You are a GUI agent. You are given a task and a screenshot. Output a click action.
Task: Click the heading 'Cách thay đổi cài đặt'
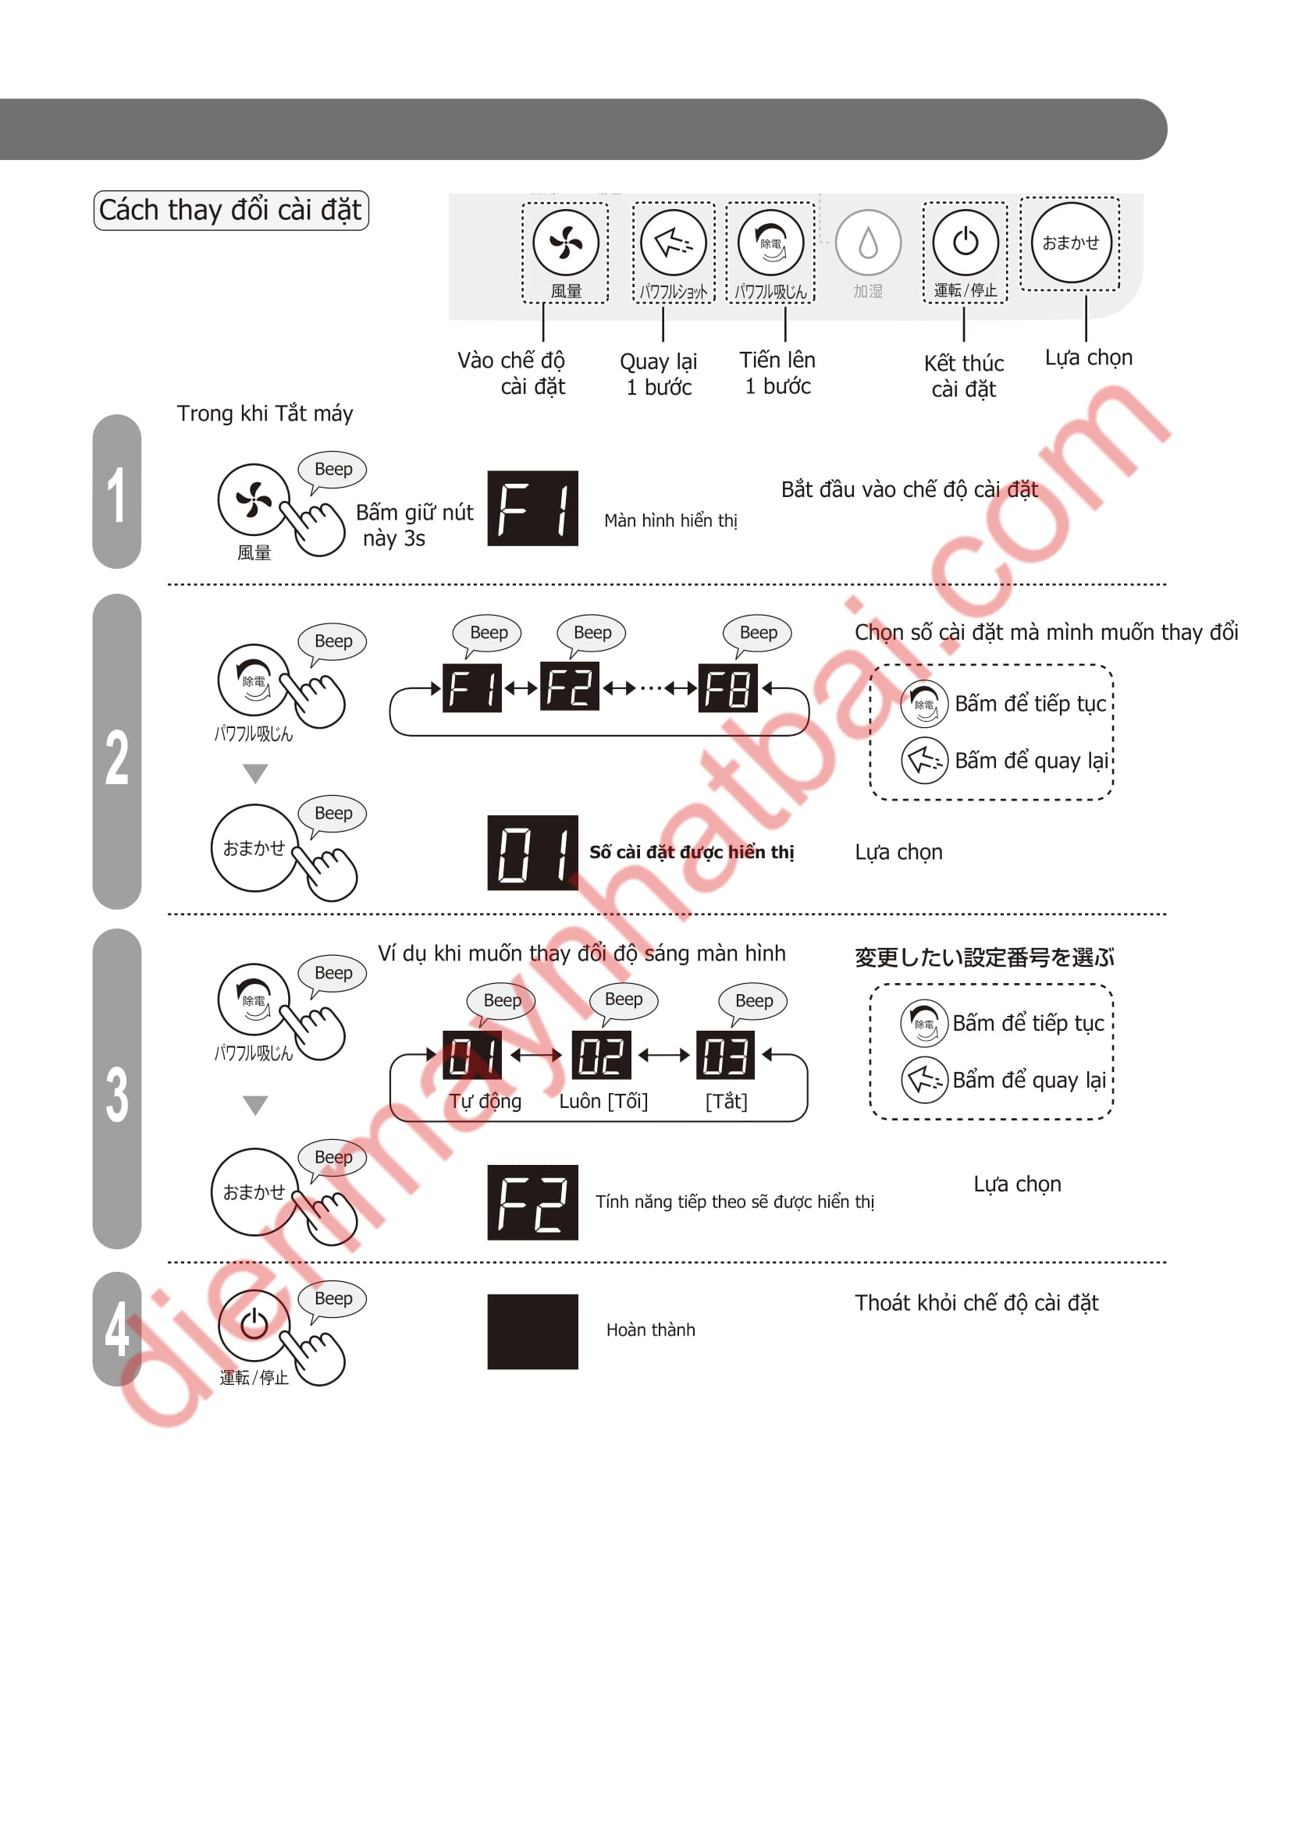pyautogui.click(x=230, y=210)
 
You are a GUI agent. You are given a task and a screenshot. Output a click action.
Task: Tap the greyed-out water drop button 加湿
pyautogui.click(x=868, y=243)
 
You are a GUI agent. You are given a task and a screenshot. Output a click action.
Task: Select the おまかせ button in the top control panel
pyautogui.click(x=1070, y=243)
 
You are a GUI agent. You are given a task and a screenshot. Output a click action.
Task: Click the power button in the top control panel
pyautogui.click(x=965, y=242)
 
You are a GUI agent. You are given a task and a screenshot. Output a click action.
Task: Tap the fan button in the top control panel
pyautogui.click(x=565, y=243)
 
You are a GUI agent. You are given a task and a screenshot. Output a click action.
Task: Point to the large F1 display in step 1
pyautogui.click(x=532, y=509)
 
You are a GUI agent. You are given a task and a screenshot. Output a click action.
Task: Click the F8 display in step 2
pyautogui.click(x=727, y=687)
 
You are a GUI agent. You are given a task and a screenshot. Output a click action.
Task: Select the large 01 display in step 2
pyautogui.click(x=532, y=853)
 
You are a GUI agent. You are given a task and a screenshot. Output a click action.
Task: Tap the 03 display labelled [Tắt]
pyautogui.click(x=725, y=1055)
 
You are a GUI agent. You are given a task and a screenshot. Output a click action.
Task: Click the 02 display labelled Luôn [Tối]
pyautogui.click(x=601, y=1055)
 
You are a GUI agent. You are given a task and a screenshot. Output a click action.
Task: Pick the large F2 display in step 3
pyautogui.click(x=532, y=1202)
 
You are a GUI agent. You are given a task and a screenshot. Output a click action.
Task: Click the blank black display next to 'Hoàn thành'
pyautogui.click(x=532, y=1331)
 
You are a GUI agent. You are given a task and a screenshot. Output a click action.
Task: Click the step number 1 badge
pyautogui.click(x=117, y=493)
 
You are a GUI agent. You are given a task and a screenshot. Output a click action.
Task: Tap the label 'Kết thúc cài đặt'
pyautogui.click(x=963, y=376)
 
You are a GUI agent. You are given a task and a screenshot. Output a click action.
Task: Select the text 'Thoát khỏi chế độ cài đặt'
pyautogui.click(x=976, y=1303)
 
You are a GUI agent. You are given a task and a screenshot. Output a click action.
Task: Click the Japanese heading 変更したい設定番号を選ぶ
pyautogui.click(x=984, y=957)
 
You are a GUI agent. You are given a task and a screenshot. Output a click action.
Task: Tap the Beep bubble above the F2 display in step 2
pyautogui.click(x=592, y=634)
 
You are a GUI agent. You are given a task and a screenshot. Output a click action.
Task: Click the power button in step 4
pyautogui.click(x=254, y=1325)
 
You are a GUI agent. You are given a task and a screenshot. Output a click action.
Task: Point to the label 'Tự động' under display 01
pyautogui.click(x=485, y=1102)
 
